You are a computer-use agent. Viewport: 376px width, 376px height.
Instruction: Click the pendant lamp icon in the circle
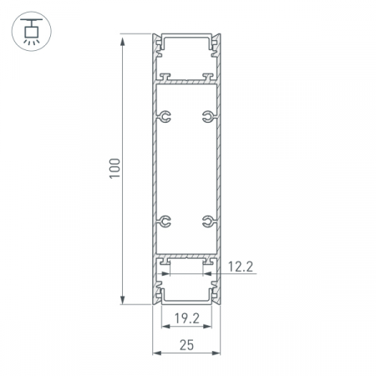[29, 29]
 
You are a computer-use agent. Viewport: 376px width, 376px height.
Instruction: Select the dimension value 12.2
[241, 267]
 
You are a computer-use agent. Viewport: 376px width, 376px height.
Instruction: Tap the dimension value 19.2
[186, 318]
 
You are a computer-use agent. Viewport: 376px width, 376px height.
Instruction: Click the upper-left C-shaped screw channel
[166, 116]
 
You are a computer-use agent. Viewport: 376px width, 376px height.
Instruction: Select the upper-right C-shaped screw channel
[206, 116]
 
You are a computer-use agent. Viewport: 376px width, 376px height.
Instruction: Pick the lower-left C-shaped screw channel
[166, 221]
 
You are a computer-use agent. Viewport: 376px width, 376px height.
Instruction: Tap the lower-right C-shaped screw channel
[206, 221]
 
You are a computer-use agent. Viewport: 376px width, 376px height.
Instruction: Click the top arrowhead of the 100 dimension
[124, 38]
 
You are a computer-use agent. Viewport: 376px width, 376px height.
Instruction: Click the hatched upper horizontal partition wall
[186, 82]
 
